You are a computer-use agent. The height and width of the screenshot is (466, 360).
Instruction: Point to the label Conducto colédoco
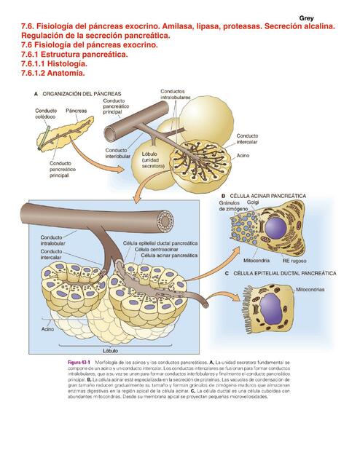[46, 114]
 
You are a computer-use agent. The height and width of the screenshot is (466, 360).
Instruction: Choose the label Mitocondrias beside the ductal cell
[316, 289]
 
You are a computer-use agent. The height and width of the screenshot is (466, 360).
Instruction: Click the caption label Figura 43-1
[79, 362]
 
